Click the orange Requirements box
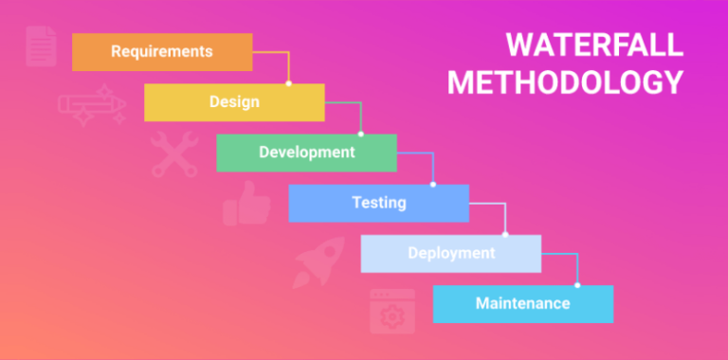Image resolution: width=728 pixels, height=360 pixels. point(162,51)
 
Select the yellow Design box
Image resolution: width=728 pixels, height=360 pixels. point(234,101)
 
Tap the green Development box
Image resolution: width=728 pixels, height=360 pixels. point(306,152)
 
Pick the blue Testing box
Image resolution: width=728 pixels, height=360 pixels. point(378,203)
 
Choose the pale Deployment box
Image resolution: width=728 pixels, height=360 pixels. point(450,253)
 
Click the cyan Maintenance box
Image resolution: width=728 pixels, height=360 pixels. point(522,303)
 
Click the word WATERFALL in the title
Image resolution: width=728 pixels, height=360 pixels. point(592,45)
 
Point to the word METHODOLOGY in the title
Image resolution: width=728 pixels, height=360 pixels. point(565,82)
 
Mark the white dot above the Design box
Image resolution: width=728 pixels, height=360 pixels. point(288,83)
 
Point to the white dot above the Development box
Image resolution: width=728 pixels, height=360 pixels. point(360,134)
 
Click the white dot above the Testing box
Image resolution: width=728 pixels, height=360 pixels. point(433,185)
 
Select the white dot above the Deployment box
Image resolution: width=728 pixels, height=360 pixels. point(505,235)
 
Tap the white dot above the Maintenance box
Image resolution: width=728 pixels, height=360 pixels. point(577,285)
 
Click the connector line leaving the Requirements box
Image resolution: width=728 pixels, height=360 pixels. point(275,53)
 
